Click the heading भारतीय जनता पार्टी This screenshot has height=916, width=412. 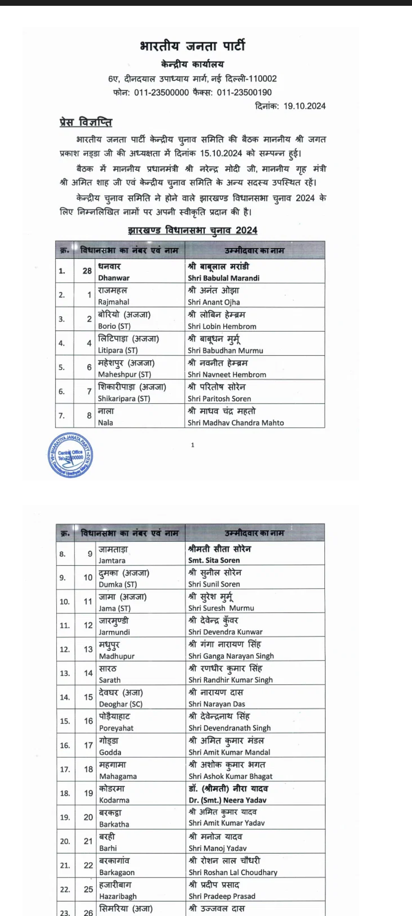coord(192,46)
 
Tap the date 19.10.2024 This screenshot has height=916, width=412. coord(305,106)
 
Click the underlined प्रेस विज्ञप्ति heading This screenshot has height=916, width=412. coord(86,122)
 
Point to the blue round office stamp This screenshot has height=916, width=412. coord(70,455)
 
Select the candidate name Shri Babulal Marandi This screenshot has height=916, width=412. coord(223,278)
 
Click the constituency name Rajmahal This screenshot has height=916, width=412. coord(114,302)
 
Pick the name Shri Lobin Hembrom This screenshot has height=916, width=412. coord(222,326)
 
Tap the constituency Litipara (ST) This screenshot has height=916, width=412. coord(118,351)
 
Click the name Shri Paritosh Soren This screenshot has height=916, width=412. coord(219,399)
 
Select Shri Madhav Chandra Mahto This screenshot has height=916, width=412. coord(235,423)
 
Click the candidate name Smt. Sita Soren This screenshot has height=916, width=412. coord(214,561)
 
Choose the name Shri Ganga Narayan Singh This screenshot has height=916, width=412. coord(231,656)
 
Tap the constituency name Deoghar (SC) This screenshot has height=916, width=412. coord(120,704)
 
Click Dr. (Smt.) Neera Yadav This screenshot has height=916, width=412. coord(227,800)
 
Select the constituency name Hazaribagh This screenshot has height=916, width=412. coord(118,896)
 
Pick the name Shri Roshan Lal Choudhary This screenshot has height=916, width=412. coord(233,872)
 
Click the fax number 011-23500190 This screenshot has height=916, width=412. coord(244,93)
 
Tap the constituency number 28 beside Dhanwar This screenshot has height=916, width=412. coord(87,271)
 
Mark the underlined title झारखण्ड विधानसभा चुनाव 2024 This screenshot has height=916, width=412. coord(192,231)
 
